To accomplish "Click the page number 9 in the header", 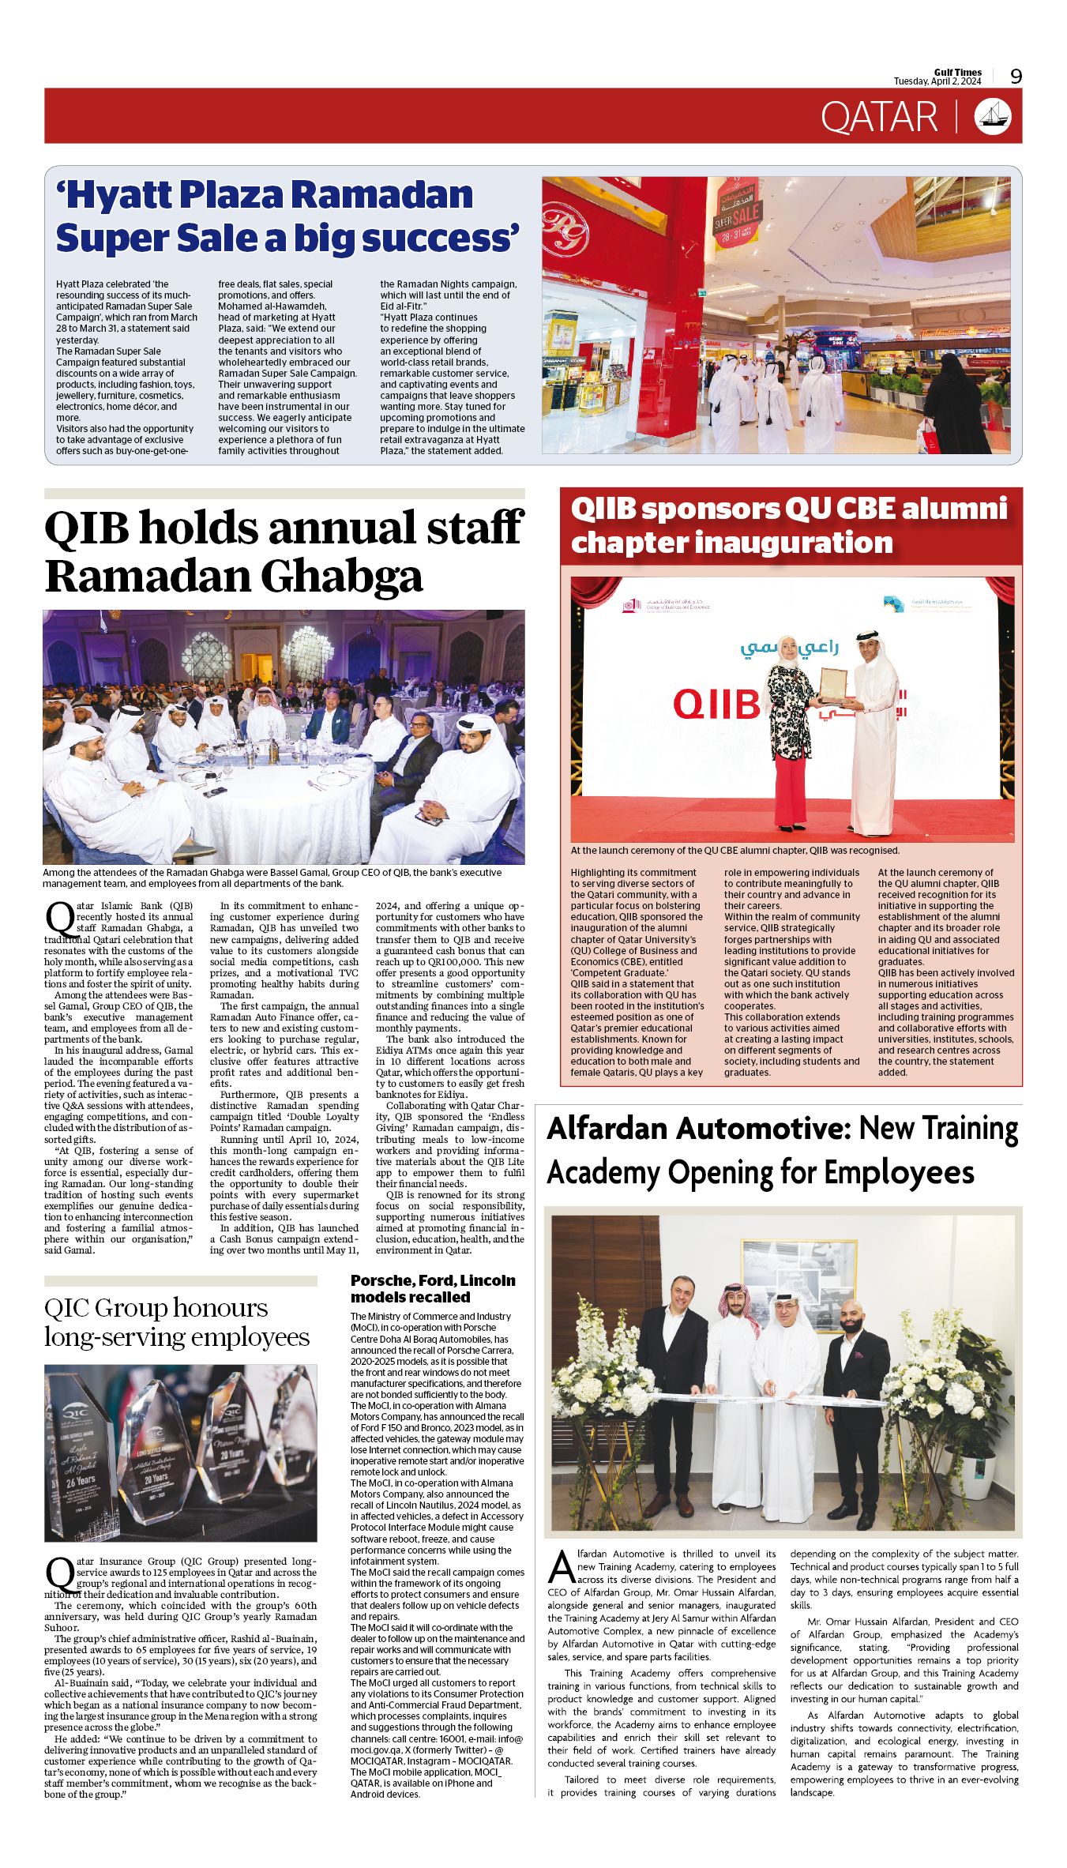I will [x=1016, y=76].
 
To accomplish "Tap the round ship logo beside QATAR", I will [x=993, y=116].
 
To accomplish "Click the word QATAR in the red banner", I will [x=879, y=117].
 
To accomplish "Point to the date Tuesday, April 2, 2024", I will [x=937, y=81].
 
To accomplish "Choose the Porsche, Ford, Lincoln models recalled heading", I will [x=433, y=1288].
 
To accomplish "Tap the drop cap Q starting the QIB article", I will [x=59, y=918].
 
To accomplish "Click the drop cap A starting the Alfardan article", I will [x=560, y=1567].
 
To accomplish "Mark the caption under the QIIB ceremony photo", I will [x=735, y=851].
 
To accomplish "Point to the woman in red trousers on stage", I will [x=790, y=735].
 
